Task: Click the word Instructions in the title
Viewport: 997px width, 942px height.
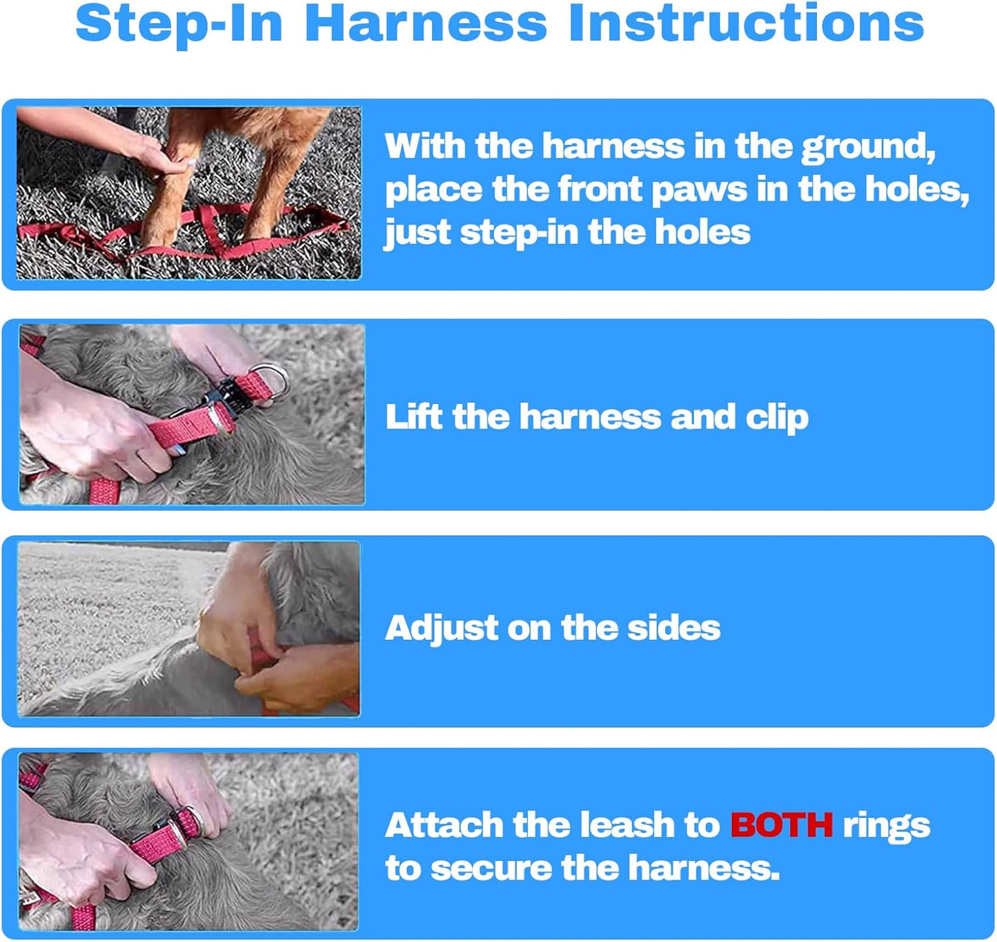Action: (x=747, y=24)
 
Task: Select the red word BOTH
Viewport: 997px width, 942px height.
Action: (x=782, y=825)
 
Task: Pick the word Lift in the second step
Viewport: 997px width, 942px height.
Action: (x=414, y=417)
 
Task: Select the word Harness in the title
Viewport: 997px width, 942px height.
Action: (x=426, y=24)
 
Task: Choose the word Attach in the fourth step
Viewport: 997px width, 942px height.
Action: (x=444, y=825)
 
